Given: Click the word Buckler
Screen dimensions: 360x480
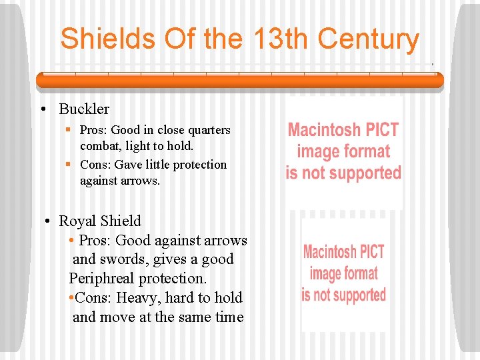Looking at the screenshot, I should pos(84,109).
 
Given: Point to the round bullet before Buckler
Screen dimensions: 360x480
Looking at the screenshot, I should pos(43,109).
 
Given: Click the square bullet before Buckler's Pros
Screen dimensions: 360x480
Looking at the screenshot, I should pos(69,130).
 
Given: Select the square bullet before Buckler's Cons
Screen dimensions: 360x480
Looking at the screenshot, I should pos(69,165).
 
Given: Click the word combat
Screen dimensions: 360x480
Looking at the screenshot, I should pos(99,146).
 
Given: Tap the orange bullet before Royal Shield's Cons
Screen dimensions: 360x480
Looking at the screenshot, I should pos(71,298).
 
